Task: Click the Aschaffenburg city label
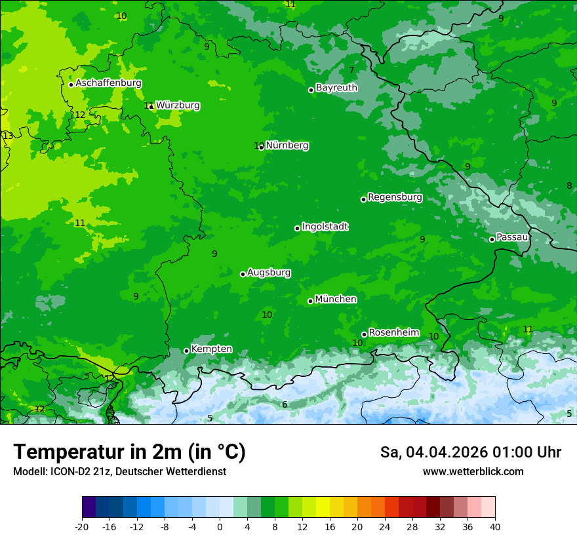tap(108, 83)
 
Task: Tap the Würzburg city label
tap(178, 105)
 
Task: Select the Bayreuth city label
tap(336, 87)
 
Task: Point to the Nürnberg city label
tap(287, 145)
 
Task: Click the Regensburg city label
tap(395, 197)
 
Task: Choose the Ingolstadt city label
tap(325, 226)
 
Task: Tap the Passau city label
tap(513, 237)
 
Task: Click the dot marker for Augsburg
tap(243, 274)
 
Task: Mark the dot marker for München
tap(310, 301)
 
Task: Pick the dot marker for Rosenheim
tap(364, 334)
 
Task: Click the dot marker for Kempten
tap(186, 351)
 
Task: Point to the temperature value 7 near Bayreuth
tap(351, 70)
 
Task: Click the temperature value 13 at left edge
tap(7, 136)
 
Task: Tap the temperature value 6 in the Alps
tap(285, 404)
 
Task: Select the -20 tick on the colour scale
tap(82, 526)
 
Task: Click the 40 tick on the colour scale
tap(495, 526)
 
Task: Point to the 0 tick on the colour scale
tap(220, 526)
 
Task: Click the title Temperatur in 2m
tap(129, 452)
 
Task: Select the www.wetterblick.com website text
tap(473, 471)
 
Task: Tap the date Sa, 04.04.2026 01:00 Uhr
tap(470, 452)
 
